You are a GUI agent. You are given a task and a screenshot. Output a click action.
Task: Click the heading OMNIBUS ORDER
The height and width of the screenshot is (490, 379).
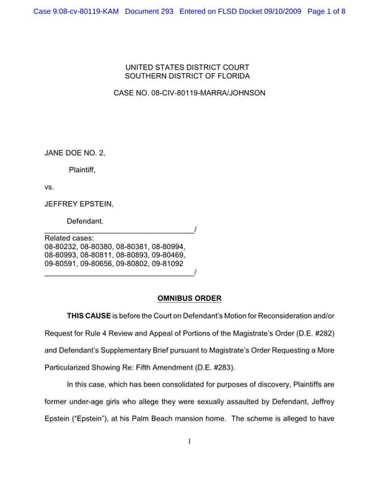coord(189,299)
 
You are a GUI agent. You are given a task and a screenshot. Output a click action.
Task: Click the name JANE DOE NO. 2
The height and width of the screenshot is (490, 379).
coord(75,153)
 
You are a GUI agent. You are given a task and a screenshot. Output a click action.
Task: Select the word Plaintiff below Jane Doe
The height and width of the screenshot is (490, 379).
coord(82,170)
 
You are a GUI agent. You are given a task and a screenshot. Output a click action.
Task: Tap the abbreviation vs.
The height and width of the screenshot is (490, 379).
coord(50,187)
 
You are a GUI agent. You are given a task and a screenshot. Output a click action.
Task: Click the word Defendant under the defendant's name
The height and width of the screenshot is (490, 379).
coord(85,221)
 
